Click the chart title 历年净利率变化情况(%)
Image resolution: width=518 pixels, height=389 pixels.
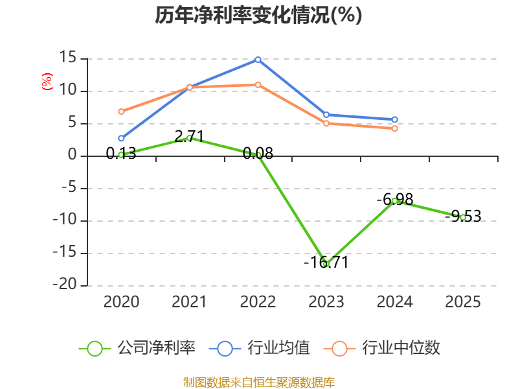(x=258, y=15)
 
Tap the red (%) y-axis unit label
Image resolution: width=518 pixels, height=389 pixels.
(x=47, y=82)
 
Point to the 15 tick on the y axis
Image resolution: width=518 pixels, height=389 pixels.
(x=68, y=58)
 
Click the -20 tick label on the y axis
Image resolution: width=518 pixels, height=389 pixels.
(x=65, y=285)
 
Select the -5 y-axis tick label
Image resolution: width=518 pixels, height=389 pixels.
(x=69, y=187)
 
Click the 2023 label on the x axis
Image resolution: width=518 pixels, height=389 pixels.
(x=326, y=302)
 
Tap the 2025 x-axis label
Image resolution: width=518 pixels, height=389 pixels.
(x=463, y=302)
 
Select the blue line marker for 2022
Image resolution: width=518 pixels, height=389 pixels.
(x=258, y=60)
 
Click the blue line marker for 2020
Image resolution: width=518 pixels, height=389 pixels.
(x=121, y=138)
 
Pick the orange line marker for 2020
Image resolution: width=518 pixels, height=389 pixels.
(x=121, y=112)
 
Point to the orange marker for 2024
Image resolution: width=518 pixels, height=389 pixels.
(x=394, y=128)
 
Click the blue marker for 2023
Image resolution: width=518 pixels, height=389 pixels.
(x=326, y=115)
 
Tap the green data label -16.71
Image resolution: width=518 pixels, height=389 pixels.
(x=326, y=263)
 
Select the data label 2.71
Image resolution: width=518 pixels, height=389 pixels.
(x=189, y=136)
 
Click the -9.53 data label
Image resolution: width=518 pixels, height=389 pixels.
(x=463, y=217)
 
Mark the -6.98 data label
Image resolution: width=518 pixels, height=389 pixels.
(x=395, y=200)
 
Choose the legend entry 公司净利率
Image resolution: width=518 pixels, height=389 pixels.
(x=137, y=348)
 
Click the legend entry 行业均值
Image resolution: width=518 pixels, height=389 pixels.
(x=260, y=348)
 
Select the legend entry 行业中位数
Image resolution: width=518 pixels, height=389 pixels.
(x=382, y=348)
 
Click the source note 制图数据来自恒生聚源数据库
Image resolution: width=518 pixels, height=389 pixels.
(x=258, y=383)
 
